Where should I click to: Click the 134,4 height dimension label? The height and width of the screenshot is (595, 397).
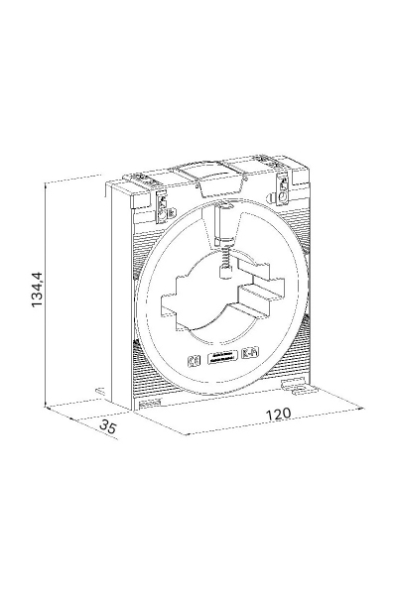pos(38,290)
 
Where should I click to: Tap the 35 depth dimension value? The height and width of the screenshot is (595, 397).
pos(107,427)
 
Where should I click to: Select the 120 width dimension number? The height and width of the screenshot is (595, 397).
pos(278,414)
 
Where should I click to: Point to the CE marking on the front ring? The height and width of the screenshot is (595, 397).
pos(194,361)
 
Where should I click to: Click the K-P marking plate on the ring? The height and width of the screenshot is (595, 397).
pos(250,354)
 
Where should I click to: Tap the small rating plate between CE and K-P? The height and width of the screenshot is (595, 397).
pos(222,357)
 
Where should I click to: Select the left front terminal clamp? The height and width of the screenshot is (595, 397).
pos(162,207)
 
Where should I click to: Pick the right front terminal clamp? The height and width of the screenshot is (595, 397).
pos(282,189)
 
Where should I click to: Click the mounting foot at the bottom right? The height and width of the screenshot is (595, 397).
pos(300,387)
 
